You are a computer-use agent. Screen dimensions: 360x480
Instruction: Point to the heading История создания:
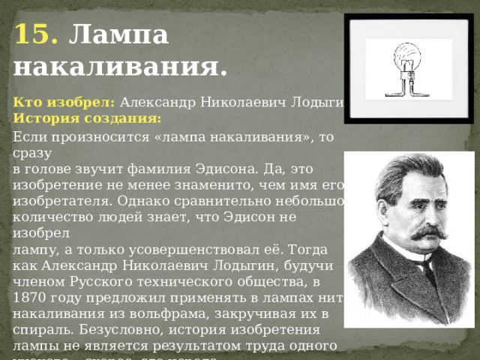point(87,118)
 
